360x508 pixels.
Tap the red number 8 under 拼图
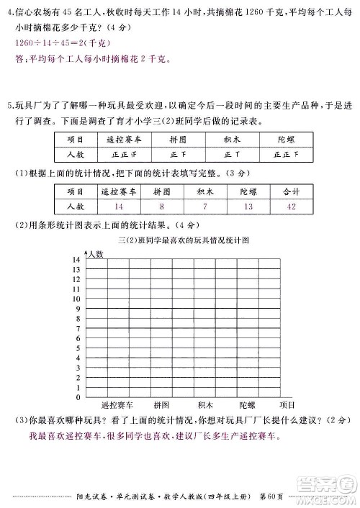[x=162, y=208]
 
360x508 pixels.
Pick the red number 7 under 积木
[x=204, y=208]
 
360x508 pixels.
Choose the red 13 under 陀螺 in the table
[x=248, y=208]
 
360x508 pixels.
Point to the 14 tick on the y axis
[x=76, y=258]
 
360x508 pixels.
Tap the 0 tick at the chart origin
[x=78, y=397]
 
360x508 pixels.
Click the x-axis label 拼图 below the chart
[x=161, y=406]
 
